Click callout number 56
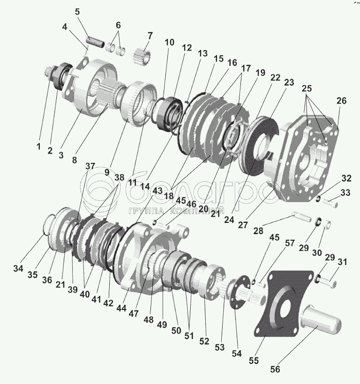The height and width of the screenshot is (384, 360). (x=275, y=369)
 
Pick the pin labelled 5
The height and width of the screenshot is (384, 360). (x=95, y=36)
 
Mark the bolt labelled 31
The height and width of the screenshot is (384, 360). (x=331, y=282)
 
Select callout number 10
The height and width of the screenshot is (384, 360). (x=169, y=43)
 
